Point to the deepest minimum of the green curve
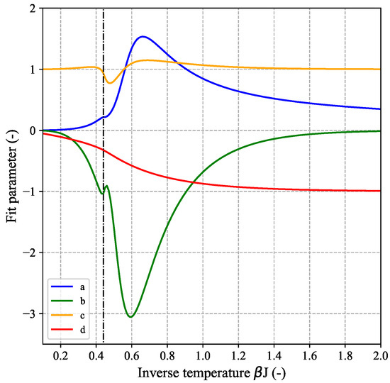pos(130,316)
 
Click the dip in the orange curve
pos(110,83)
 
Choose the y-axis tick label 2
pos(33,9)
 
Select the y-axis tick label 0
pos(33,131)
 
